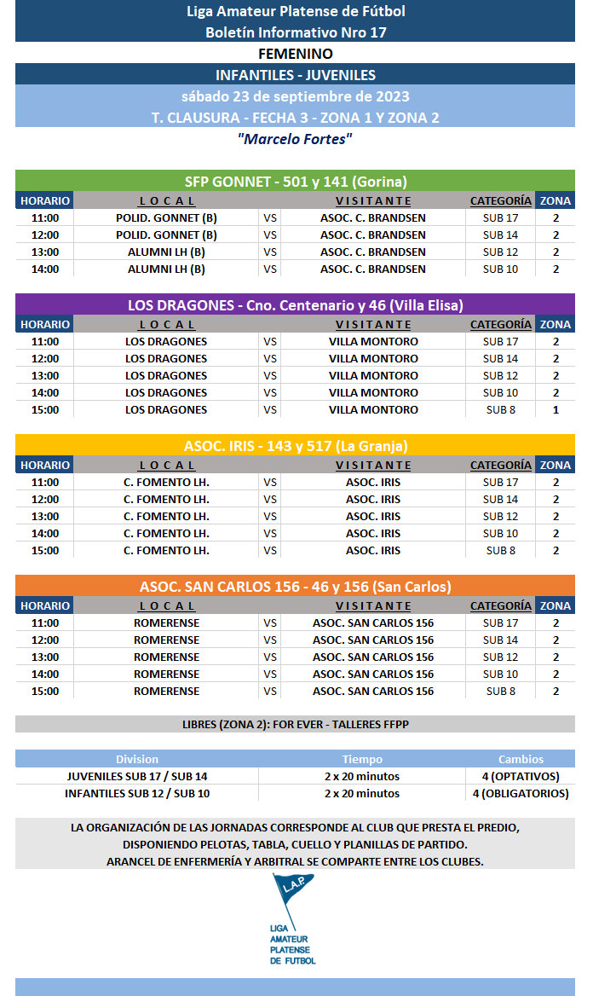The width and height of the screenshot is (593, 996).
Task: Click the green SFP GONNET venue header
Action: [x=295, y=181]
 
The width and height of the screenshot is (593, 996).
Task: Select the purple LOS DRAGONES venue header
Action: [x=295, y=305]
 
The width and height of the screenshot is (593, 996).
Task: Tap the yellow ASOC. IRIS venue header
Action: [x=295, y=446]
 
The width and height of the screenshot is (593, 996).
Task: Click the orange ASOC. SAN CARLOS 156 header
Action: [x=295, y=587]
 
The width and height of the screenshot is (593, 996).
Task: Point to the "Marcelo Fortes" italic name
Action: [x=295, y=139]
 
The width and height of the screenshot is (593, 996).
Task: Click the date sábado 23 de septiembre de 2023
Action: [x=295, y=96]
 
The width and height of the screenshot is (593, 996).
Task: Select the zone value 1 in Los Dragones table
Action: [x=556, y=409]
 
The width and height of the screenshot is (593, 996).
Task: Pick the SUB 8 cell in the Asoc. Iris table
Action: [x=500, y=550]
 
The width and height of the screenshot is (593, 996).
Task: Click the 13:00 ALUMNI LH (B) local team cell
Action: [x=166, y=252]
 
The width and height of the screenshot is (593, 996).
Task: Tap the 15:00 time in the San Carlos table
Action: [x=44, y=691]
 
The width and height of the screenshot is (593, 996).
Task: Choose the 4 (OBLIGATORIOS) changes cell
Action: [x=521, y=793]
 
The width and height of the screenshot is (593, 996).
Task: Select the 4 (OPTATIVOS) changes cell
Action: [x=521, y=776]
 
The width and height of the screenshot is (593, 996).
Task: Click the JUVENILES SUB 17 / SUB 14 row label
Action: [x=137, y=776]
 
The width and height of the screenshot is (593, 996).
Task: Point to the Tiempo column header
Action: [x=362, y=759]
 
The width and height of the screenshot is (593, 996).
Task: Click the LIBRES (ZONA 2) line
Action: [x=295, y=724]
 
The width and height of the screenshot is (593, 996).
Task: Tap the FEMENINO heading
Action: [x=295, y=54]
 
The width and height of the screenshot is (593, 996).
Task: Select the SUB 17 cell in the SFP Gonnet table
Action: [x=500, y=217]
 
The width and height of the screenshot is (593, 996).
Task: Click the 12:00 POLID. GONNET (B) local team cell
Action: [x=166, y=235]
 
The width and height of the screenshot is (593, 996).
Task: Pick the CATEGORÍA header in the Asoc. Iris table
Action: [x=500, y=465]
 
